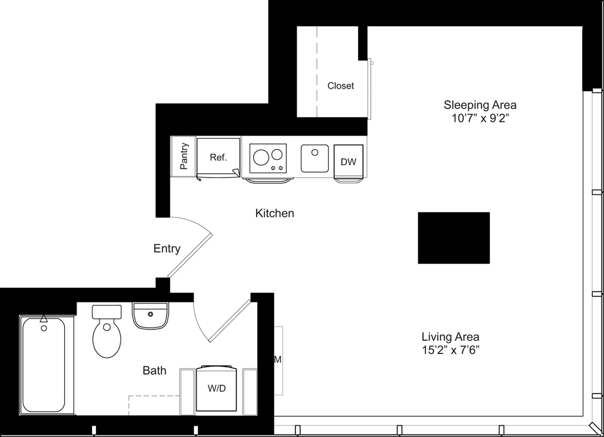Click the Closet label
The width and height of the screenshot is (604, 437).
tap(341, 86)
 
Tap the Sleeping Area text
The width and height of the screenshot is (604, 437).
tap(480, 105)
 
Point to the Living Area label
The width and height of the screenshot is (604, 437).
tap(450, 336)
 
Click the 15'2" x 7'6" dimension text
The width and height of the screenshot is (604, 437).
tap(450, 350)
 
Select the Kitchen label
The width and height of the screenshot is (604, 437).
tap(274, 213)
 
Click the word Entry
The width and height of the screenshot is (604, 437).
tap(167, 249)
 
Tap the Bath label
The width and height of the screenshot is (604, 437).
tap(154, 370)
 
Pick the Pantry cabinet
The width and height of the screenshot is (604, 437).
tap(183, 156)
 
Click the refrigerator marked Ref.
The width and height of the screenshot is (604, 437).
tap(218, 157)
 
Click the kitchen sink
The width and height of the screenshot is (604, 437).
tap(315, 158)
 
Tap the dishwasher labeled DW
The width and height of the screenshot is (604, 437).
tap(348, 162)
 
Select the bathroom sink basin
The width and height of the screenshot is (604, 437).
tap(150, 316)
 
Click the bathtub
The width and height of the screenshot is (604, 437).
tap(43, 366)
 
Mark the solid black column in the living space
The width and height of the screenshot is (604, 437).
tap(453, 238)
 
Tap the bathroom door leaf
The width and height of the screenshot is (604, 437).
tap(229, 321)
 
